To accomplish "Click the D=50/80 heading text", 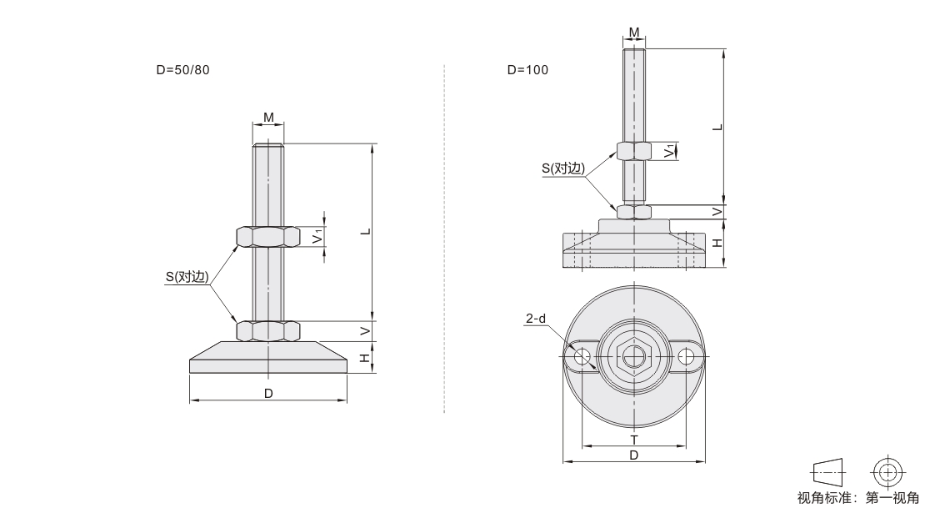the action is click(182, 70).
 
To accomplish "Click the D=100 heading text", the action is click(528, 70).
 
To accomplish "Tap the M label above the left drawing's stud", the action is click(268, 118).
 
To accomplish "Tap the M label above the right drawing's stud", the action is click(634, 33).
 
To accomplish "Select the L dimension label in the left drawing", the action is click(367, 231).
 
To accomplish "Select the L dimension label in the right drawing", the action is click(717, 127).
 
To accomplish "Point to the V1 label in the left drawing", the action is click(318, 236).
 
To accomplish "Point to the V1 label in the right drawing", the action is click(669, 151).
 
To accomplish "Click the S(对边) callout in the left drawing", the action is click(187, 276).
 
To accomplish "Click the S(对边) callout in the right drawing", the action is click(563, 168).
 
